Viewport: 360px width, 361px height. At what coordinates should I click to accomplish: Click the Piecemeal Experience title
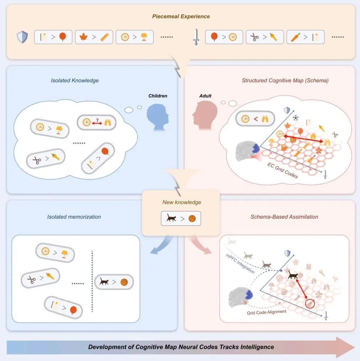(x=181, y=16)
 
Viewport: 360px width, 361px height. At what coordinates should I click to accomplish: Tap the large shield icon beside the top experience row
(x=22, y=37)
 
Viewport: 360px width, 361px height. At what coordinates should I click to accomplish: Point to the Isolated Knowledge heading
(x=75, y=80)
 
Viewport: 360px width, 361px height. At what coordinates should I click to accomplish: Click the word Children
(x=158, y=96)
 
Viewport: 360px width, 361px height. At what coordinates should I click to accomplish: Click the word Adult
(x=205, y=96)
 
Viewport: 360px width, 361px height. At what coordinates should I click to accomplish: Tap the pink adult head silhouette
(x=202, y=114)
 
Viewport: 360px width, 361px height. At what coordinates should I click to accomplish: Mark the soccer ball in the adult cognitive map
(x=295, y=117)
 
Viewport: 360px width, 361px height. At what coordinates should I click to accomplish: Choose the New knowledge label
(x=181, y=202)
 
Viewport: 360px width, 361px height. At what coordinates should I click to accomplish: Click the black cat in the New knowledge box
(x=170, y=218)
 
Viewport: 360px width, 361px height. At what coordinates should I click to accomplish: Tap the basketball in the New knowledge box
(x=192, y=219)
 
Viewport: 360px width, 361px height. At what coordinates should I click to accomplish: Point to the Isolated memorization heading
(x=74, y=217)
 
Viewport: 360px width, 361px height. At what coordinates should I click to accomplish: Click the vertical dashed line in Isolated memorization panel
(x=92, y=281)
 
